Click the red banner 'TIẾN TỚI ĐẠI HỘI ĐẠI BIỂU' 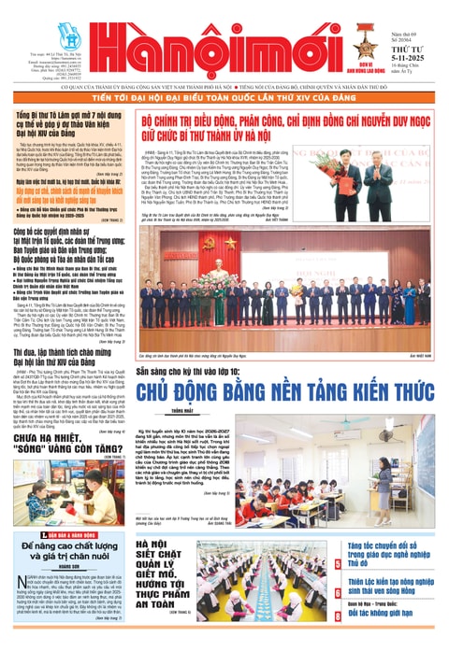(224, 96)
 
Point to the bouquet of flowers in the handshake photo (393, 177)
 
